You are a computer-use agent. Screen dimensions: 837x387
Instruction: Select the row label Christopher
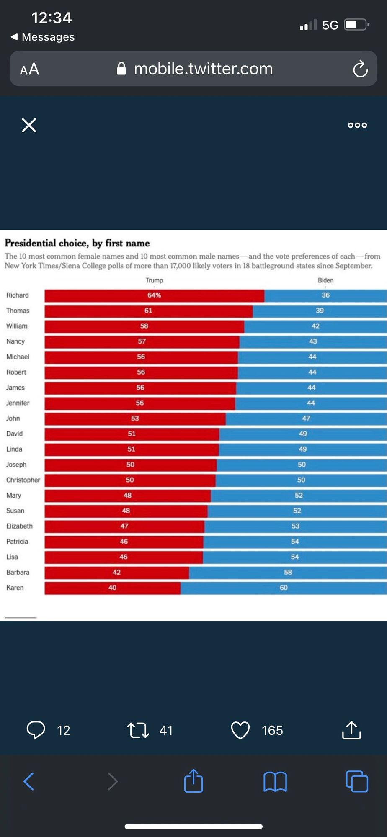tap(23, 480)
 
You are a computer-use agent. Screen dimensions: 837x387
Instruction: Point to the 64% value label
tap(154, 295)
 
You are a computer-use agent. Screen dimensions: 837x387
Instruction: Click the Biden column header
tap(325, 280)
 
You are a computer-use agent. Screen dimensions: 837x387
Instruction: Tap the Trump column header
tap(154, 280)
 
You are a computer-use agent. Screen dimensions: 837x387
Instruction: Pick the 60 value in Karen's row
tap(284, 588)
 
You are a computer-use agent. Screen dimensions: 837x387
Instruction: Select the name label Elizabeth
tap(19, 526)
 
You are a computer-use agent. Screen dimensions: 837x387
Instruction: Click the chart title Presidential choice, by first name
tap(77, 243)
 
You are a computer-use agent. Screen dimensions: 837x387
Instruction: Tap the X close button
tap(29, 125)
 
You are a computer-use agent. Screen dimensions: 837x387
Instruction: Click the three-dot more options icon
tap(357, 125)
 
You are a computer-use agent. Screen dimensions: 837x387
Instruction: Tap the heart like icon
tap(240, 730)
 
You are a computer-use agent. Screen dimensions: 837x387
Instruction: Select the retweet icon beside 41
tap(138, 730)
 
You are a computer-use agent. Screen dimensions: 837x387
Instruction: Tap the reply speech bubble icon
tap(36, 730)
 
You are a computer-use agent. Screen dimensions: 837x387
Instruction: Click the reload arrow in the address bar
tap(360, 69)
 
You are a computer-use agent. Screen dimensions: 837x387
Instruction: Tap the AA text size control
tap(29, 69)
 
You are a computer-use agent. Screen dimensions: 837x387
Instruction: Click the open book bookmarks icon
tap(275, 781)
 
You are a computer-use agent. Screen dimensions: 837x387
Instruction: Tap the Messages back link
tap(43, 37)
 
